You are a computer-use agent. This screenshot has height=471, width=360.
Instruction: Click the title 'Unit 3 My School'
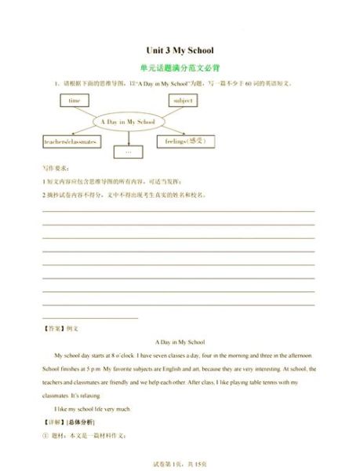coord(180,50)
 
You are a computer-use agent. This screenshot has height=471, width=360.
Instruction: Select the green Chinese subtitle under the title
coord(180,68)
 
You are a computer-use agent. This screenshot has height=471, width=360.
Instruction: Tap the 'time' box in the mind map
coord(75,101)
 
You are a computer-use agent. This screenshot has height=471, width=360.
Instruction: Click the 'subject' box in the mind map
coord(184,101)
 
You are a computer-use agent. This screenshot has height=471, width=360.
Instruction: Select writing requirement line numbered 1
coord(118,181)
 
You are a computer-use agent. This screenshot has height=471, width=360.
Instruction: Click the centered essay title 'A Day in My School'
coord(180,342)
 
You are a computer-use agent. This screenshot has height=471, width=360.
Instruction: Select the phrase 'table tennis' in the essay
coord(261,382)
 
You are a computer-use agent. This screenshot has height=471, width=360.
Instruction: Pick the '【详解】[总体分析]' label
coord(68,422)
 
